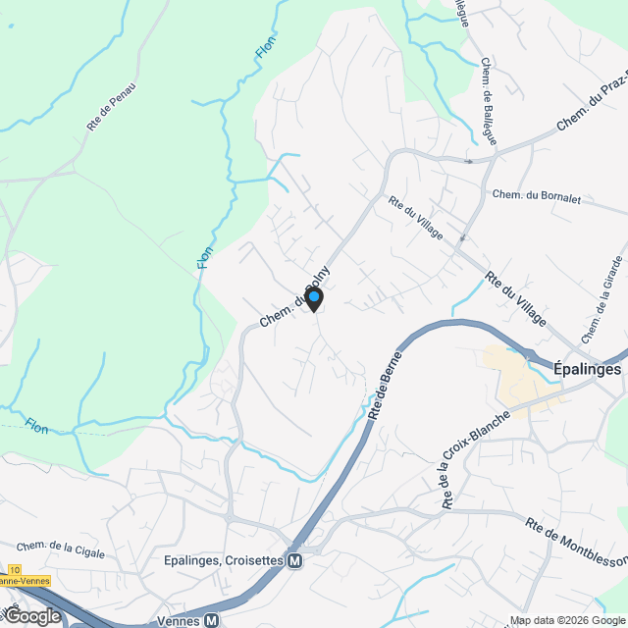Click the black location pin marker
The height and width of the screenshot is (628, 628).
(x=314, y=298)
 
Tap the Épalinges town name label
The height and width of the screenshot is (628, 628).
(x=587, y=370)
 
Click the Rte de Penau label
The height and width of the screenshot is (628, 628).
(x=110, y=107)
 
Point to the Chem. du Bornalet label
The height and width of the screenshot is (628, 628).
(x=537, y=197)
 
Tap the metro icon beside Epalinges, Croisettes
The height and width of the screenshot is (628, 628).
(x=293, y=560)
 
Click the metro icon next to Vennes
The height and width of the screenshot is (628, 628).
(x=211, y=620)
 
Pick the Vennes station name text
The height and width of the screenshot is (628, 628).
(x=177, y=620)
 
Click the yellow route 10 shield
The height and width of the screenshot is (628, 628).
(x=14, y=569)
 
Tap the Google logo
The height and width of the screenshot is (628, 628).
(x=31, y=615)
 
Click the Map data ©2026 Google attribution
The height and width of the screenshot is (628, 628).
(x=566, y=620)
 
